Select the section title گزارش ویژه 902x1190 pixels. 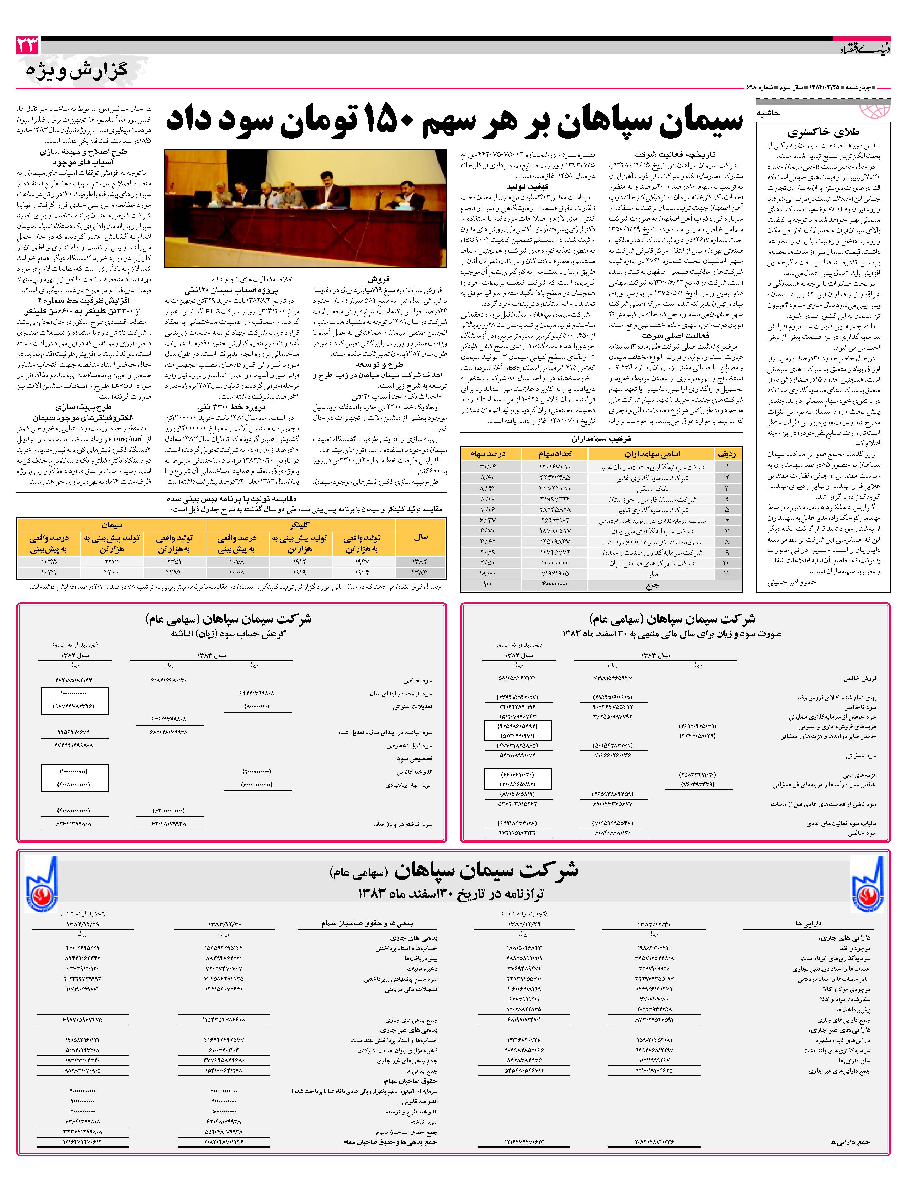(77, 71)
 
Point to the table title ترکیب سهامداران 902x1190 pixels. (601, 438)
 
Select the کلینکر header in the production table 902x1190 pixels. (300, 524)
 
